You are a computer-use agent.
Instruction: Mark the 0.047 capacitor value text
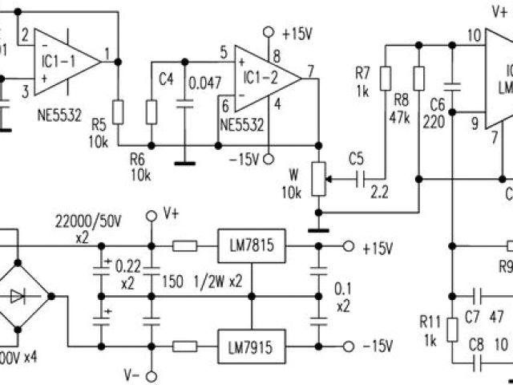coord(204,83)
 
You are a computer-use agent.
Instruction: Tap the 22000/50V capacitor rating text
coord(86,222)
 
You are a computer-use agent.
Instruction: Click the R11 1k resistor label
coord(430,310)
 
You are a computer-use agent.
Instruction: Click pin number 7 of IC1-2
coord(310,71)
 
